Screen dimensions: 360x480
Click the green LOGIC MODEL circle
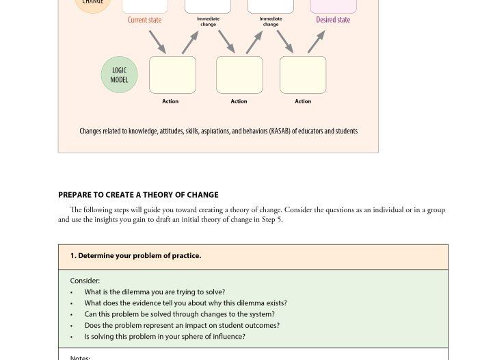(x=119, y=75)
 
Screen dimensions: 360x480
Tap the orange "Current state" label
(x=144, y=20)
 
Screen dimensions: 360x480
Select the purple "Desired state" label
(x=333, y=20)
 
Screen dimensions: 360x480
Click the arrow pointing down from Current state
(x=157, y=42)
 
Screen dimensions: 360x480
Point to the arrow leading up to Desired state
(x=316, y=42)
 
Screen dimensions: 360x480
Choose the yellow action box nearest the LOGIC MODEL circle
(x=172, y=75)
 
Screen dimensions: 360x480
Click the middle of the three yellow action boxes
(x=239, y=75)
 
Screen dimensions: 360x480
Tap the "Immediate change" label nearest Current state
(x=208, y=22)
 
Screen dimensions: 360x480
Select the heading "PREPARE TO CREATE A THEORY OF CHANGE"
(x=138, y=194)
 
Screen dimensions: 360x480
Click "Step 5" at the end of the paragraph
(x=271, y=220)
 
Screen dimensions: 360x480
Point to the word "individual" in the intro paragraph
(x=388, y=210)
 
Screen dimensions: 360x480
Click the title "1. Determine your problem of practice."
(x=135, y=256)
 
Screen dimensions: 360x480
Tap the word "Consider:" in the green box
(x=85, y=281)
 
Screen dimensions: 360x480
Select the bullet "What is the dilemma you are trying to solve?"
(x=155, y=292)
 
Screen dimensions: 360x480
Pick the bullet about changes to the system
(x=179, y=314)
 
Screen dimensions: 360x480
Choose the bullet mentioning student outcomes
(x=182, y=325)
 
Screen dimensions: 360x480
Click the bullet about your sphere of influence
(x=165, y=337)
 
